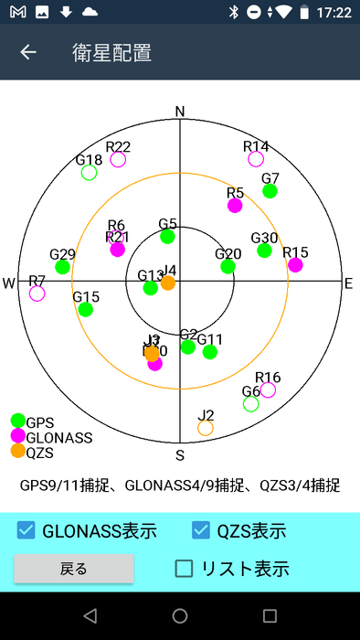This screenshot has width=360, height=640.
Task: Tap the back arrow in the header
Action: [x=28, y=52]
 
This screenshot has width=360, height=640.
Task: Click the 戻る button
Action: [x=74, y=569]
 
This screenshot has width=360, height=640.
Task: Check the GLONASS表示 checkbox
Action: [x=26, y=530]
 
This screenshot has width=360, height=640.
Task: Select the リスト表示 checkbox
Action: [x=185, y=569]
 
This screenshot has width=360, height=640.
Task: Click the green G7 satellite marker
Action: [x=270, y=191]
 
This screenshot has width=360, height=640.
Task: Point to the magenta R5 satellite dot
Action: [x=235, y=206]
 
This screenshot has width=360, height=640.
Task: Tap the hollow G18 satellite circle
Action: [x=89, y=172]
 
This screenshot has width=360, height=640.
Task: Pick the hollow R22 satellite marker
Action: [x=118, y=159]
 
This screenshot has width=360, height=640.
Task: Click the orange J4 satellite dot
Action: [x=168, y=283]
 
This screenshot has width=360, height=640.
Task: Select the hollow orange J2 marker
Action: [x=206, y=427]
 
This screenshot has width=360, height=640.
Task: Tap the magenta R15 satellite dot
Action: [x=295, y=265]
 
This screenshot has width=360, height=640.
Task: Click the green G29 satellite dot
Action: [x=62, y=267]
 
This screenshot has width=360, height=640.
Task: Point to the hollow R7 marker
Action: [x=37, y=293]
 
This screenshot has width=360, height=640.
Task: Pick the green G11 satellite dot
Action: [x=210, y=352]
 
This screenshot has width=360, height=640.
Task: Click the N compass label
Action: [x=180, y=112]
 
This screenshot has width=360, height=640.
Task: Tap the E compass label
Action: [x=348, y=283]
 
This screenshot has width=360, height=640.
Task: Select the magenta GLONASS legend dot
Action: [x=17, y=437]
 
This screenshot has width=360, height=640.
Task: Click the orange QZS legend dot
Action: [x=17, y=452]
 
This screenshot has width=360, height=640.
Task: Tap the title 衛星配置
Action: [x=111, y=52]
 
